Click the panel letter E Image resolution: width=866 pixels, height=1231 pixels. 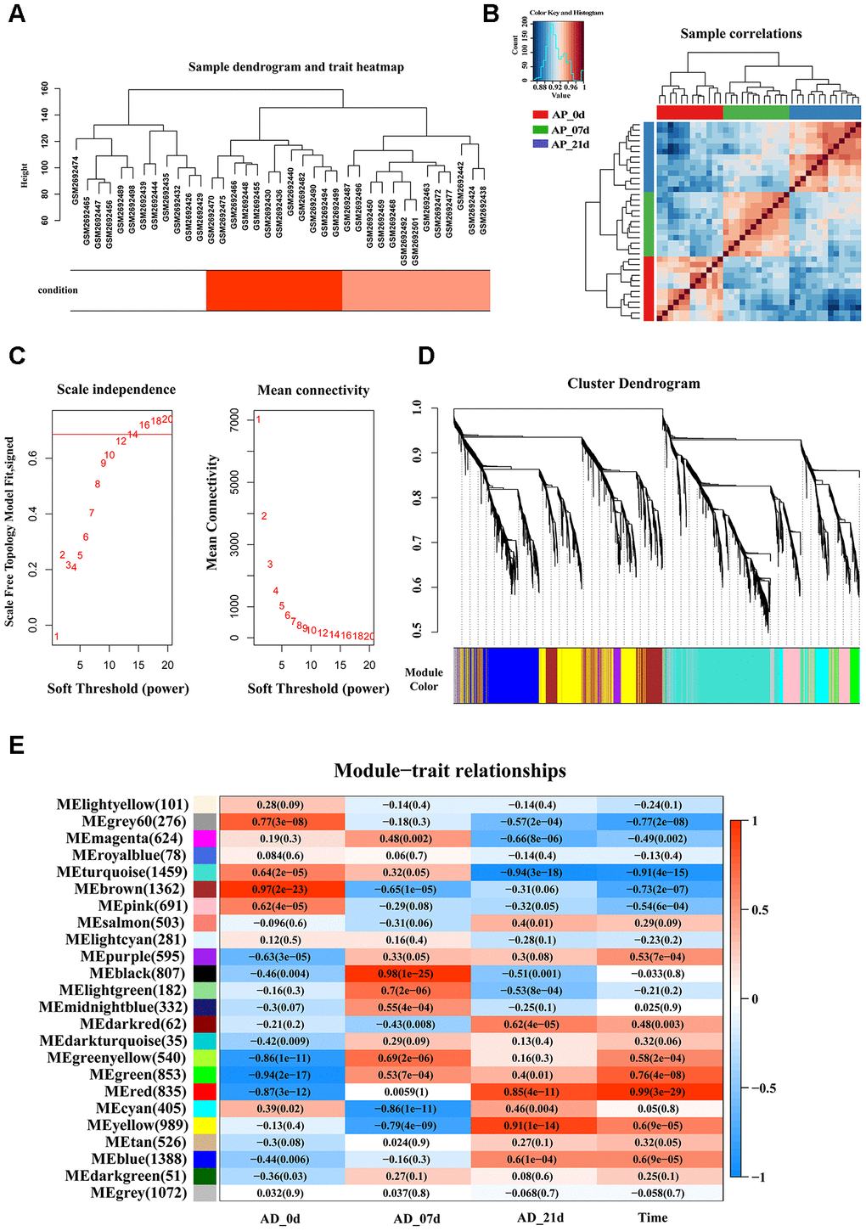click(16, 745)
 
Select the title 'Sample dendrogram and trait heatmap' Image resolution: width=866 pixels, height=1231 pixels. click(295, 67)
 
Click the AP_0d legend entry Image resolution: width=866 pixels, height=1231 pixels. click(568, 115)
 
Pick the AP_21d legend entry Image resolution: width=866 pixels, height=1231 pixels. click(570, 144)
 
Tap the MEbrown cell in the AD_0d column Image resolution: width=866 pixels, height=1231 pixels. click(282, 889)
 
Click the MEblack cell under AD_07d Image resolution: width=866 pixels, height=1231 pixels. click(408, 973)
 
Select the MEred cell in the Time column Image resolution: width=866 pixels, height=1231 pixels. click(660, 1091)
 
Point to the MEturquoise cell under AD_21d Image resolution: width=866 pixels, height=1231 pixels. click(534, 872)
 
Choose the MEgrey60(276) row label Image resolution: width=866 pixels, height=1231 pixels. click(134, 822)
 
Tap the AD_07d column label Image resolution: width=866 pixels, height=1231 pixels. click(416, 1218)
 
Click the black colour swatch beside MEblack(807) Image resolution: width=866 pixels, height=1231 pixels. click(205, 974)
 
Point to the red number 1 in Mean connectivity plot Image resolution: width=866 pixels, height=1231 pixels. click(258, 419)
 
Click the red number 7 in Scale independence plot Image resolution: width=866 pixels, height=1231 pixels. click(92, 513)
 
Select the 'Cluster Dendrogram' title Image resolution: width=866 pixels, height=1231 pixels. click(633, 384)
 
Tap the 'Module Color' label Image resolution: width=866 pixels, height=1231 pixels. click(424, 679)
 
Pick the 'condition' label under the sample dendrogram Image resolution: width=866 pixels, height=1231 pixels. click(58, 290)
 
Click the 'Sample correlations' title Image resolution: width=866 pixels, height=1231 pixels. click(740, 34)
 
